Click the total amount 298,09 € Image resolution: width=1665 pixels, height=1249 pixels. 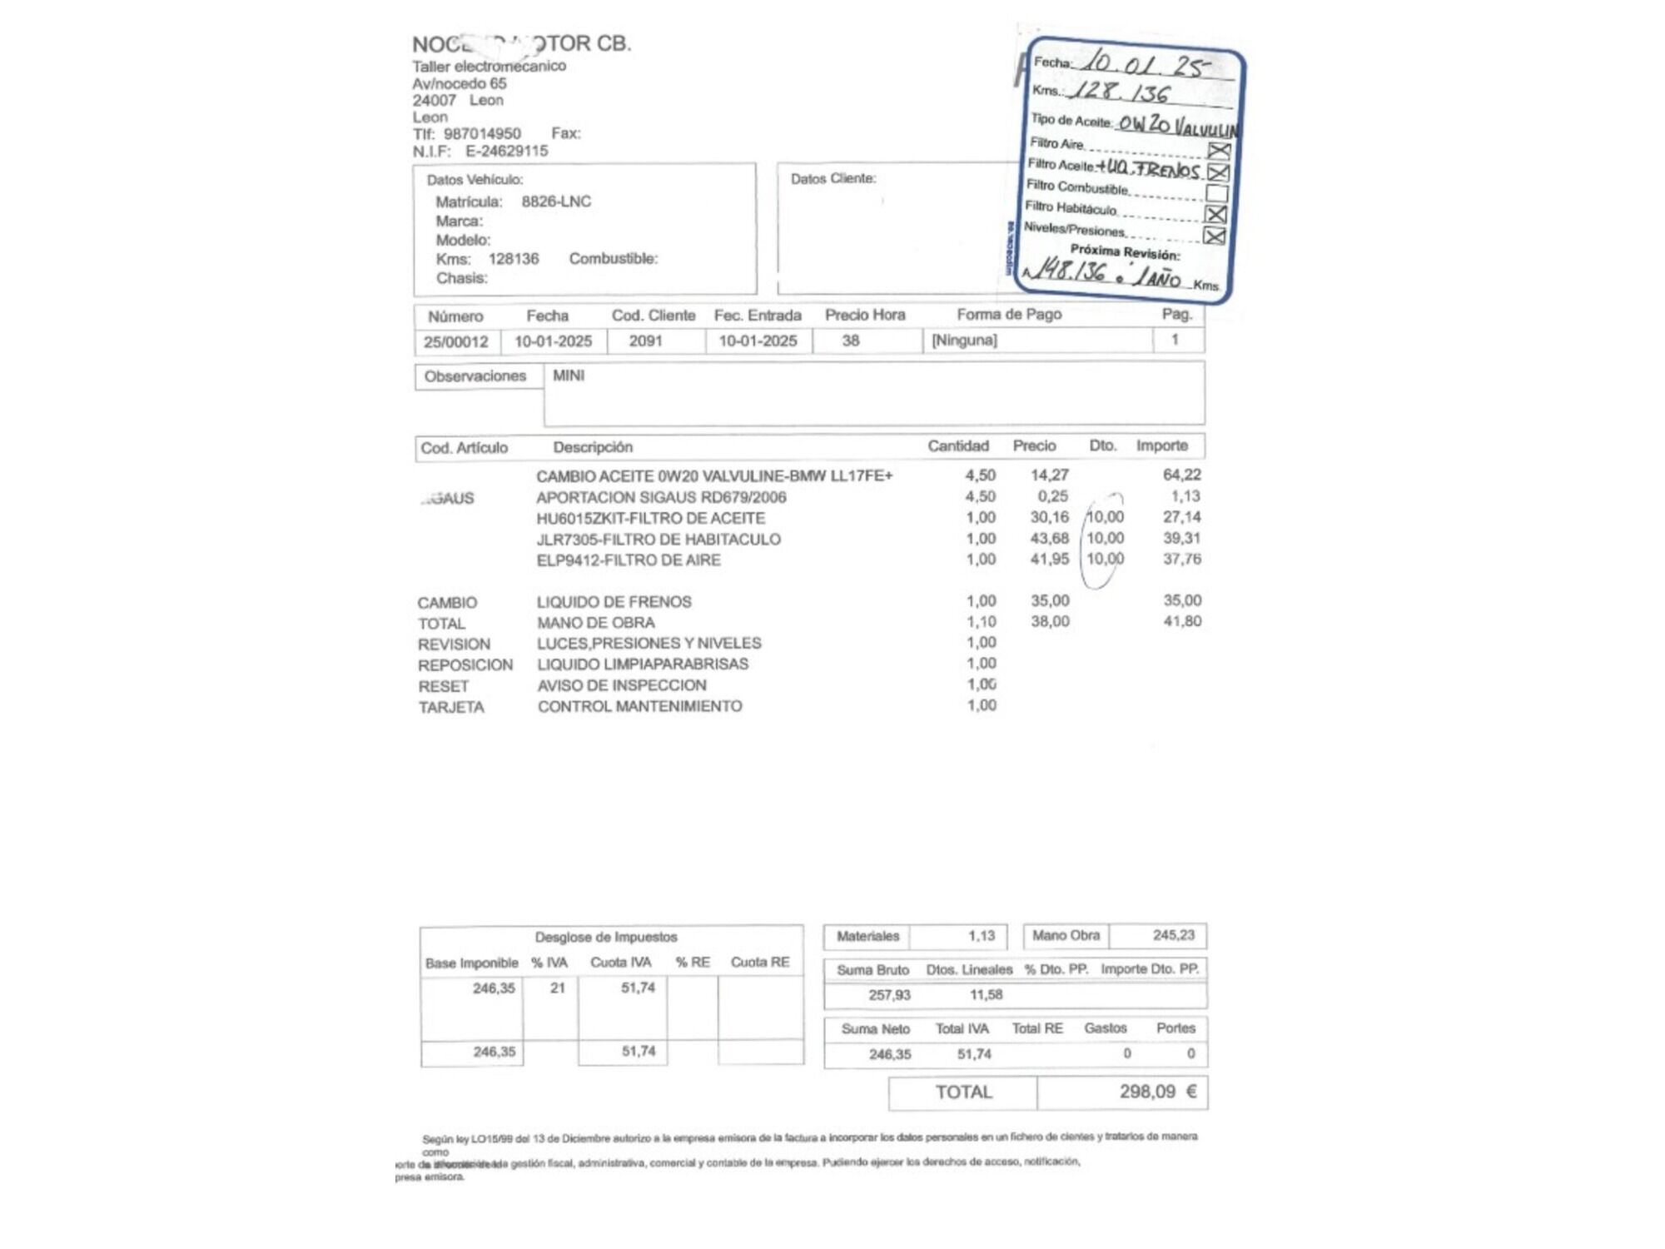(x=1156, y=1092)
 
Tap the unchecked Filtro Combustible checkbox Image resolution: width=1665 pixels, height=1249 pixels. (x=1216, y=193)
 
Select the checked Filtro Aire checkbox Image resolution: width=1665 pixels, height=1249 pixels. (x=1219, y=151)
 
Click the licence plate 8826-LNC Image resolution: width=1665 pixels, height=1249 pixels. (x=556, y=202)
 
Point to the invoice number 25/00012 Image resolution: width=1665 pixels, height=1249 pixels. (x=455, y=341)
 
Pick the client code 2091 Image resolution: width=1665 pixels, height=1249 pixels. (x=645, y=341)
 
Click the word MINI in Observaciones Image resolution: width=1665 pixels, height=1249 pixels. (x=569, y=376)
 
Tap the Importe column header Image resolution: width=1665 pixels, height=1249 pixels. (x=1161, y=445)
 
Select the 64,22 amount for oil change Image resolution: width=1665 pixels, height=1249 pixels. (x=1181, y=475)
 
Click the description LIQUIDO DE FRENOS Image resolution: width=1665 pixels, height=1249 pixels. (x=614, y=601)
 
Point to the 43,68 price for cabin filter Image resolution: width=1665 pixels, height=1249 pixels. (x=1049, y=539)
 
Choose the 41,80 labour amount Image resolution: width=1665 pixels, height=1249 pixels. (x=1181, y=621)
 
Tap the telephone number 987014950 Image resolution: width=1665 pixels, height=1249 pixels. (x=482, y=133)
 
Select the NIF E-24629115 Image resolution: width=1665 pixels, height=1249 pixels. (x=506, y=151)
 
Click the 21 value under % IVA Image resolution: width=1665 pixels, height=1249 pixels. (x=557, y=988)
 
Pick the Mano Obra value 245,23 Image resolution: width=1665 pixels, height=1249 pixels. (x=1173, y=935)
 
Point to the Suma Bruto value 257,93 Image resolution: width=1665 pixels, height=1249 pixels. (x=889, y=995)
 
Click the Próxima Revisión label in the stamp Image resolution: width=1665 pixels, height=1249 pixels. (x=1124, y=251)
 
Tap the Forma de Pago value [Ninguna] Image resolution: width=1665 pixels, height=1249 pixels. (x=964, y=340)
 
